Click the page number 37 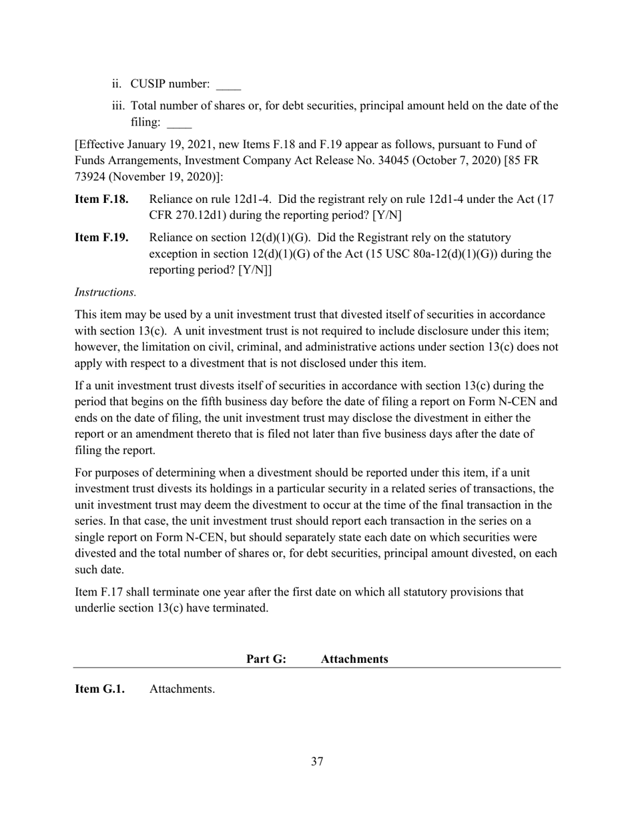317,762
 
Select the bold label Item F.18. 101,200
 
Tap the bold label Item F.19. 101,238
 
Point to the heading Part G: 266,659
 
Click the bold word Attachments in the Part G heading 354,659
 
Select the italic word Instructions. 105,292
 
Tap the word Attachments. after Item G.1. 182,689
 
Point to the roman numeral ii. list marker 117,84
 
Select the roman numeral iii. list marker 119,106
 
